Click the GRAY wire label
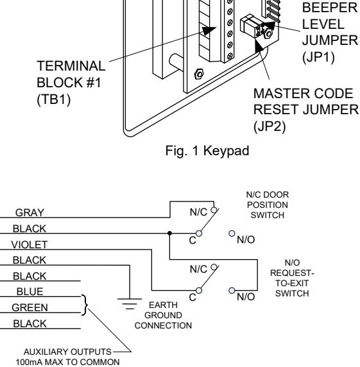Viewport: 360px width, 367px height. [30, 212]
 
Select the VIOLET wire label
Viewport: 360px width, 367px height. [30, 244]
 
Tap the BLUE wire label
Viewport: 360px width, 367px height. [30, 292]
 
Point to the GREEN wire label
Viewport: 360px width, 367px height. [30, 307]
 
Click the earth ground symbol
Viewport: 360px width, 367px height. [130, 303]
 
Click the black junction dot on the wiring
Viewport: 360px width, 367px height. [169, 233]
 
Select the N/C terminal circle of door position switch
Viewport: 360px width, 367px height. [214, 210]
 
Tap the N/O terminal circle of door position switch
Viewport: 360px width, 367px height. [232, 234]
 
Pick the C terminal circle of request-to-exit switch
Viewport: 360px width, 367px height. [199, 291]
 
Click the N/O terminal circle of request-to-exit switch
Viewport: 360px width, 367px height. [232, 291]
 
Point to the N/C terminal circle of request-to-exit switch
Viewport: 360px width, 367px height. [214, 267]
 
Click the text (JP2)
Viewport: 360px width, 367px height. [270, 126]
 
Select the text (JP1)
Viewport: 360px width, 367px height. [318, 57]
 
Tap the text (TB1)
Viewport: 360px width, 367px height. [54, 99]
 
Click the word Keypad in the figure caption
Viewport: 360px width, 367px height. [226, 151]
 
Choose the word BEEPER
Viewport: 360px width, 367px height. [330, 8]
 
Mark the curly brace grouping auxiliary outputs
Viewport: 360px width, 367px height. [85, 305]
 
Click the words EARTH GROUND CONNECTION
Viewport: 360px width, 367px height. [163, 315]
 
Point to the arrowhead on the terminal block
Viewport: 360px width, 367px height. [209, 31]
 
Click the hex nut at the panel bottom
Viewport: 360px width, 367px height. [199, 74]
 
